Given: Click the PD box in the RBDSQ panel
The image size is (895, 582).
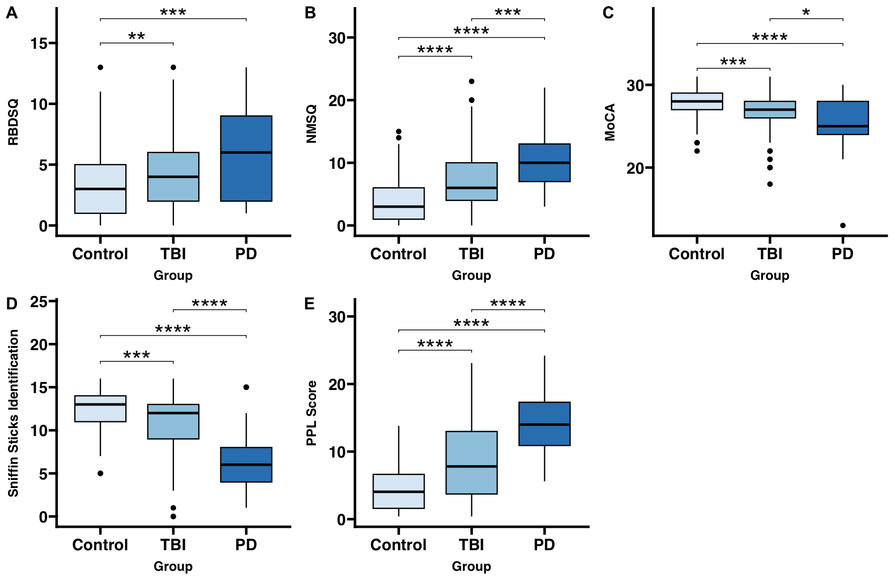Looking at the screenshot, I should [246, 158].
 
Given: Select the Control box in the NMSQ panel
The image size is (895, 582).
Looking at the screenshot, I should [398, 203].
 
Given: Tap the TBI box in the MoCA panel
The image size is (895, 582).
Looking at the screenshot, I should [770, 110].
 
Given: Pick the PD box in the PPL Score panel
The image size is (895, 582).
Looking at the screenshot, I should [544, 424].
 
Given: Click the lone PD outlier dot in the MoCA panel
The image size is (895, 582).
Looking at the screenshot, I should [843, 225].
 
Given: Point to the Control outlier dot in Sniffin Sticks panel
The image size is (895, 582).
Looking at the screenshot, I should [100, 473].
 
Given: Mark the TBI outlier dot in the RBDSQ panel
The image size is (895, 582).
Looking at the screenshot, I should [173, 67].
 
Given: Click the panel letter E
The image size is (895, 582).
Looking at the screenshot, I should [310, 304].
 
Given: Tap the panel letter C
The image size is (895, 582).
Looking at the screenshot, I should [608, 13].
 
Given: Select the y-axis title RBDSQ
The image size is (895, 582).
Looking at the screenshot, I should [13, 122].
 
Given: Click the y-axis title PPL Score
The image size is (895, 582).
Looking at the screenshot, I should [311, 413].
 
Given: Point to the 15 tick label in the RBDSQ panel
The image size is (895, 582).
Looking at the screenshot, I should [39, 43].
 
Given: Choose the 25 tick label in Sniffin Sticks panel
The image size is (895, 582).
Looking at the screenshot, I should [39, 302].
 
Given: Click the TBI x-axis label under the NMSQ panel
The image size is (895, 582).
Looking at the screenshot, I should [471, 254].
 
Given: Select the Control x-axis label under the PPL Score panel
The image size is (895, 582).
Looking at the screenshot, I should [398, 545].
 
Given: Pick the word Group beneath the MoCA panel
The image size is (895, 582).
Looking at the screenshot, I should [770, 275].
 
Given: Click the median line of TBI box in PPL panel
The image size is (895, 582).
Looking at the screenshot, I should [471, 466].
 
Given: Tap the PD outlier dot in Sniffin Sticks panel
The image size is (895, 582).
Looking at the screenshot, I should [246, 387].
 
